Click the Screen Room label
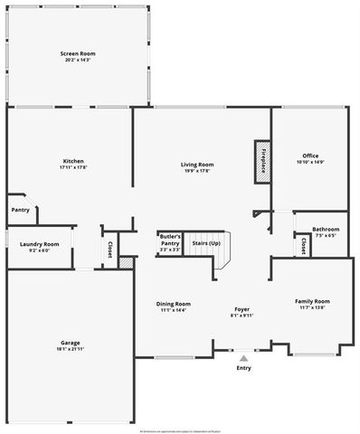point(78,53)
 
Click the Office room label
point(310,156)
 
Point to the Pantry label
point(20,210)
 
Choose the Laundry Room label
point(39,243)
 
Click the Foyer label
point(242,308)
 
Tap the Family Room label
point(312,300)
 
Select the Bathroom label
point(326,229)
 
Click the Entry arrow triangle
point(242,358)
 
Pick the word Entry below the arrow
point(243,368)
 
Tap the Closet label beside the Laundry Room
point(109,249)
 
